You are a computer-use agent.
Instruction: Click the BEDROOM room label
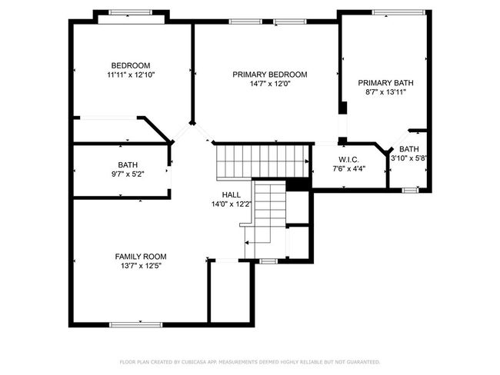(x=131, y=65)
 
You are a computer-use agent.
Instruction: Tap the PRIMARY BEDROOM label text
(x=270, y=75)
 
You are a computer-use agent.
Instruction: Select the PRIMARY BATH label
(x=385, y=83)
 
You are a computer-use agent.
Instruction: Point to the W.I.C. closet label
(x=349, y=159)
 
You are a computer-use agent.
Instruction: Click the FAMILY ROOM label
(x=141, y=257)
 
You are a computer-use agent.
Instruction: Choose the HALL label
(x=232, y=194)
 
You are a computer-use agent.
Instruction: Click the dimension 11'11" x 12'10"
(x=131, y=75)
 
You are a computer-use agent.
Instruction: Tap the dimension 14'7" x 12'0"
(x=270, y=84)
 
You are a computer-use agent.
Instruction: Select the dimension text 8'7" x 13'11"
(x=385, y=92)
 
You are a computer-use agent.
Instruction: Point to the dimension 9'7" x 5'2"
(x=128, y=174)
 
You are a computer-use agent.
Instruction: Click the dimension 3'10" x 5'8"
(x=408, y=158)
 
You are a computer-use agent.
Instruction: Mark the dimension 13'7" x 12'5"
(x=141, y=266)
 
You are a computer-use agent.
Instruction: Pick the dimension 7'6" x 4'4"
(x=349, y=169)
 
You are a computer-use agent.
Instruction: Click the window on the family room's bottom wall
(x=136, y=324)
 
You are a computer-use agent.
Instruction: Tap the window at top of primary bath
(x=398, y=12)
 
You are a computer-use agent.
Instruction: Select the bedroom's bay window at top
(x=131, y=12)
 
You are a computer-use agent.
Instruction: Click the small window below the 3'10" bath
(x=410, y=191)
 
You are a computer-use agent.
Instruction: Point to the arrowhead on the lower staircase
(x=247, y=243)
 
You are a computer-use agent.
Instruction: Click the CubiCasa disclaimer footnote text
(x=250, y=362)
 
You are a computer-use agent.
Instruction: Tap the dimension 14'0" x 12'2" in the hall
(x=232, y=204)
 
